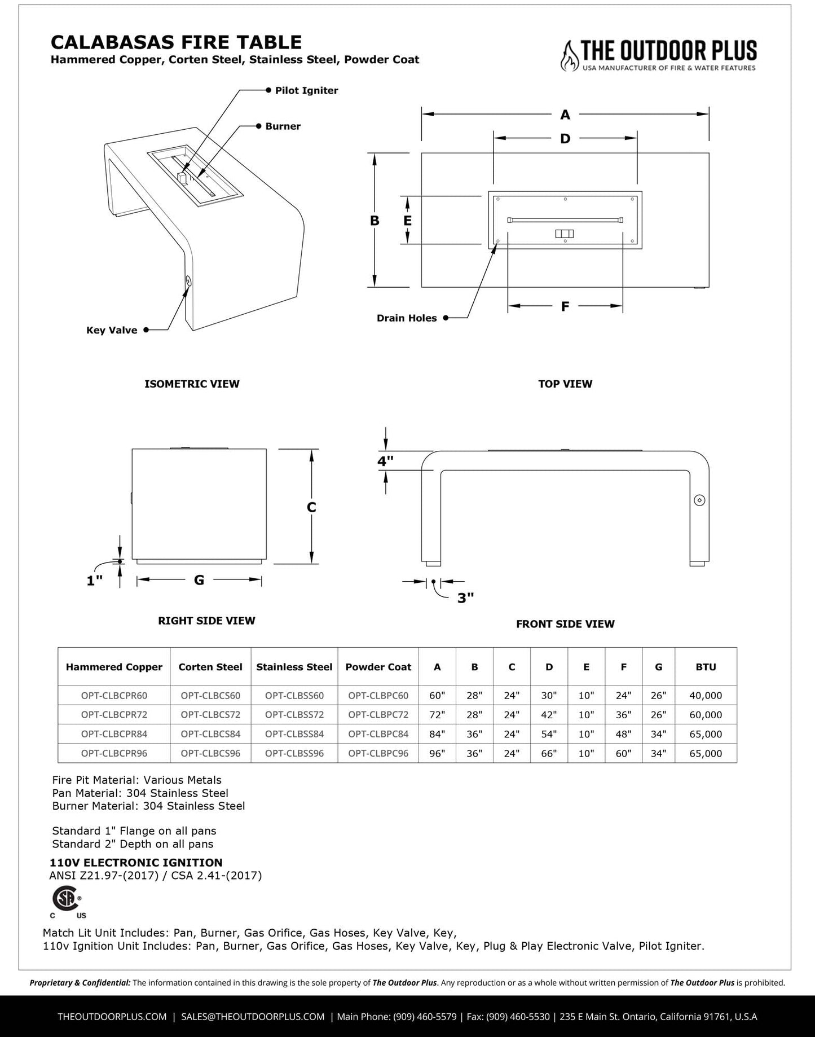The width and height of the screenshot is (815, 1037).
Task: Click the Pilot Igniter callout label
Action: (306, 90)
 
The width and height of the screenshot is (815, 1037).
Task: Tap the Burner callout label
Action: (283, 126)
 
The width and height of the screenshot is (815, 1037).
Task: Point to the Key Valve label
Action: (112, 330)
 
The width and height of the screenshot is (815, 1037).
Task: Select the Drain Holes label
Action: (407, 318)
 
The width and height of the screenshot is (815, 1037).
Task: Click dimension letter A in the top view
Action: (565, 115)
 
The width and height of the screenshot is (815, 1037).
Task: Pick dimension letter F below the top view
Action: (565, 306)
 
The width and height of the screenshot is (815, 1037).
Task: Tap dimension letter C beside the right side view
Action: (311, 508)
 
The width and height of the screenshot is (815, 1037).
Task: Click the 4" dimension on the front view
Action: (386, 461)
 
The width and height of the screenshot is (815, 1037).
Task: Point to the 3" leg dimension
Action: (465, 598)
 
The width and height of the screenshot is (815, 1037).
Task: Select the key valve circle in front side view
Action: (700, 500)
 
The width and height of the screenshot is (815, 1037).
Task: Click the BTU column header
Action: (706, 667)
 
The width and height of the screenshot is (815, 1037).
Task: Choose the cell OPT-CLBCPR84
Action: (114, 734)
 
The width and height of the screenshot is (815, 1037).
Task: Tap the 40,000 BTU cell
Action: (706, 696)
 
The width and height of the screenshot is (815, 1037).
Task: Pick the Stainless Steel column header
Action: (294, 667)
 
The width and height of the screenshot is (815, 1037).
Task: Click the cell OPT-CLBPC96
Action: (378, 753)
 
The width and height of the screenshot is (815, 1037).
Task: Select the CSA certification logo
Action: (66, 898)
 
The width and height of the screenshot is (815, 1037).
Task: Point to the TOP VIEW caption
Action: (565, 384)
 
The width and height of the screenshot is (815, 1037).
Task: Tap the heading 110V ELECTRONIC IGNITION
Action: (136, 863)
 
